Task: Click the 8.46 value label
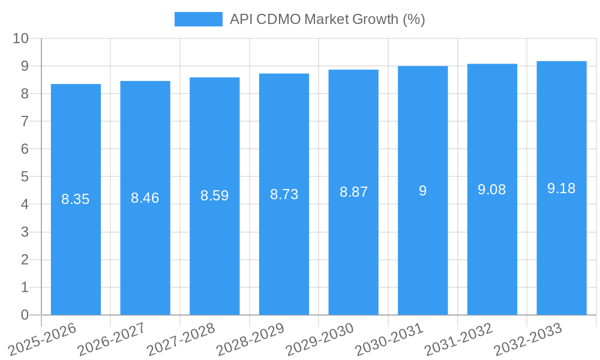[x=145, y=198]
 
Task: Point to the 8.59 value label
[x=214, y=196]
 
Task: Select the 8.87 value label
[x=353, y=192]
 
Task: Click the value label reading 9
[x=422, y=191]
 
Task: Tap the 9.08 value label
[x=492, y=190]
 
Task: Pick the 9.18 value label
[x=562, y=188]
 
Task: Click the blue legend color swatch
[x=198, y=19]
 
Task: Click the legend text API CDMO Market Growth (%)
[x=327, y=19]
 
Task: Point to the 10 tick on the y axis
[x=20, y=38]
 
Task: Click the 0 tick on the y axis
[x=25, y=315]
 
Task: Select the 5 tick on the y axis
[x=25, y=177]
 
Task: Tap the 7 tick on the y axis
[x=25, y=121]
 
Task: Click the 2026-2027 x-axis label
[x=112, y=338]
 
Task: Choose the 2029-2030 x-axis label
[x=320, y=338]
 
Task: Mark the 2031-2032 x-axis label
[x=459, y=338]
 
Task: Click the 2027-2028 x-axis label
[x=181, y=338]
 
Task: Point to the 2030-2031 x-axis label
[x=389, y=338]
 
